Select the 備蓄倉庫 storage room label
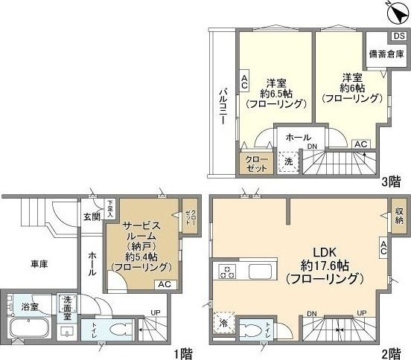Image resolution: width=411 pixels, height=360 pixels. [x=386, y=54]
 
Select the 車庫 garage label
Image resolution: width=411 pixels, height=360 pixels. [x=39, y=264]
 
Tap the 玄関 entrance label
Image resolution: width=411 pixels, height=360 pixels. [x=92, y=216]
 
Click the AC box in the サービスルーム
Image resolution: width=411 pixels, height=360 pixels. [x=165, y=284]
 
